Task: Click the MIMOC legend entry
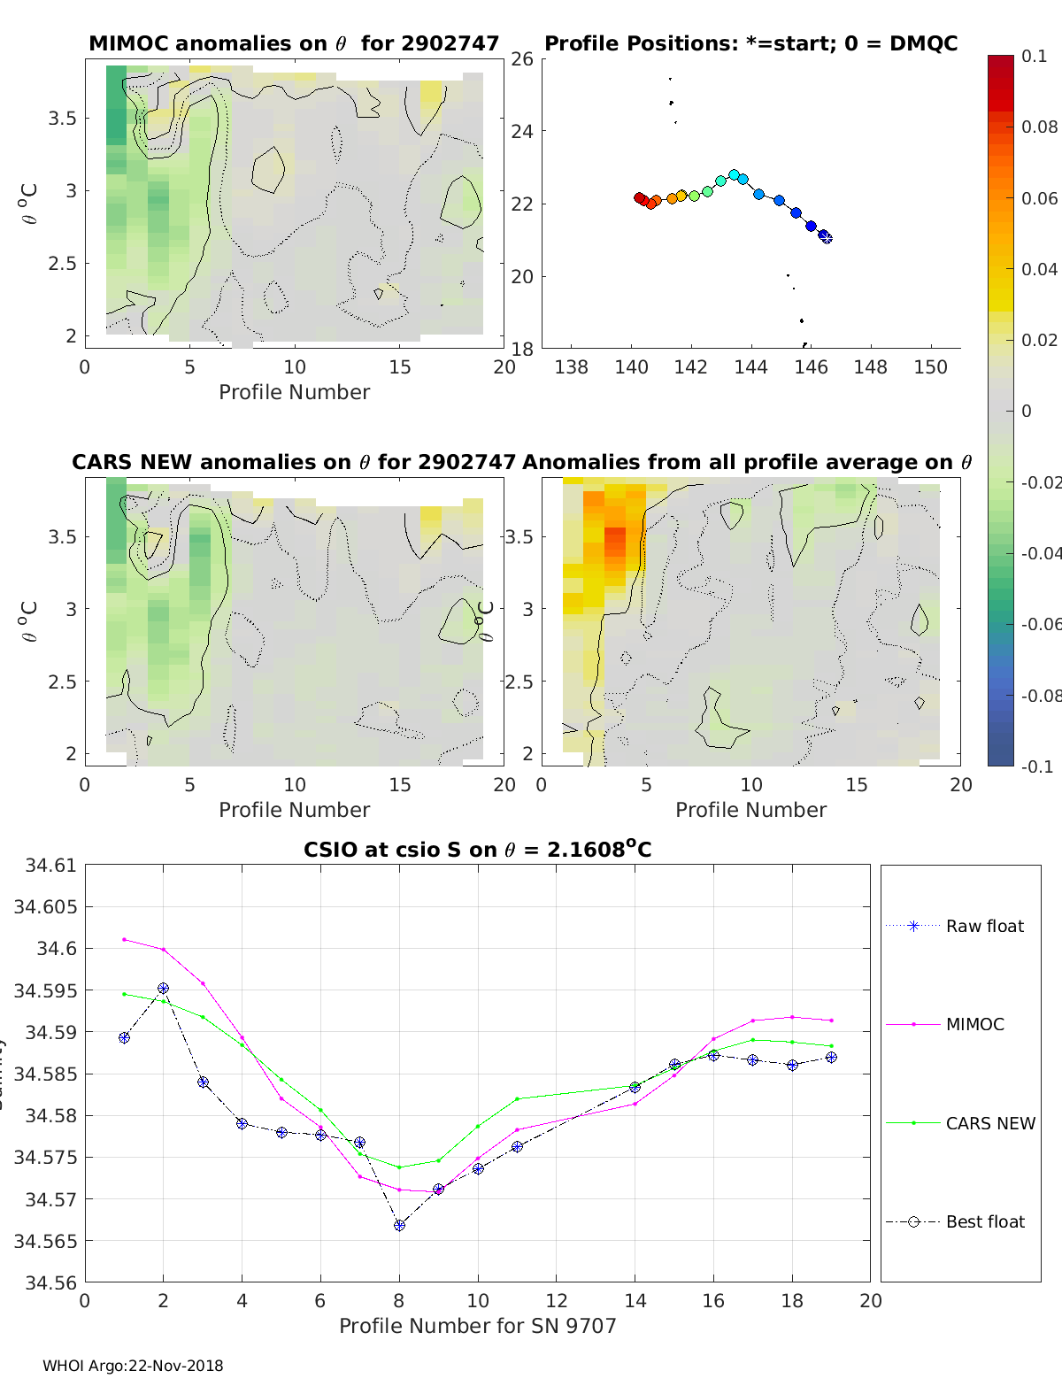(974, 1024)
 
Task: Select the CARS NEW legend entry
(989, 1123)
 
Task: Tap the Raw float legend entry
(984, 926)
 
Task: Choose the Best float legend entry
(985, 1221)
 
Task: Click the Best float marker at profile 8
(399, 1225)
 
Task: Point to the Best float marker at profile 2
(163, 989)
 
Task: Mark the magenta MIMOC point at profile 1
(124, 939)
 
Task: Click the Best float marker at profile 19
(831, 1058)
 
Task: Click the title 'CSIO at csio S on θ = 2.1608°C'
(477, 850)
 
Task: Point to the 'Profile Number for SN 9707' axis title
(477, 1326)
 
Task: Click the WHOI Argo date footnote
(133, 1366)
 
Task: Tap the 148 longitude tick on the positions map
(870, 367)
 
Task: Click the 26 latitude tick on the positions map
(522, 59)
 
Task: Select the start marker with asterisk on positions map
(826, 237)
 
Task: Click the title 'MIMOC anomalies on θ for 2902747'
(294, 43)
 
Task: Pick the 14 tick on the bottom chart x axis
(635, 1300)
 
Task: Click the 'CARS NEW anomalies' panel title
(294, 462)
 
